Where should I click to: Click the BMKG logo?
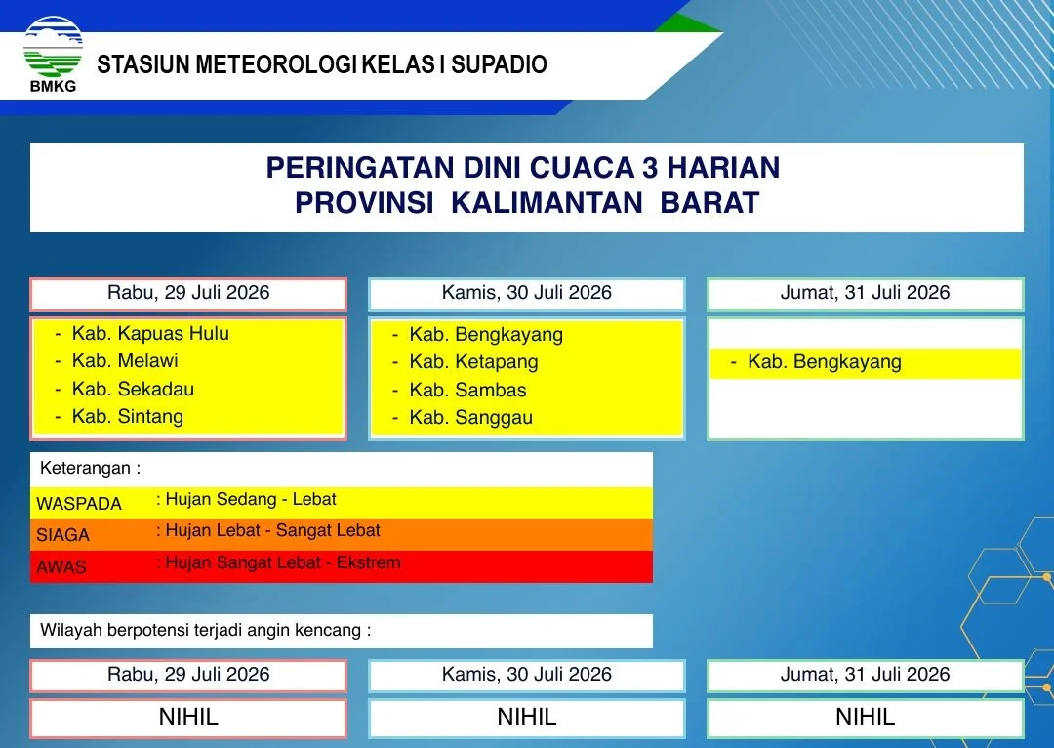coord(53,55)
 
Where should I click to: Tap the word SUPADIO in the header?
coord(499,64)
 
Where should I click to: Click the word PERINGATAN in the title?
coord(359,168)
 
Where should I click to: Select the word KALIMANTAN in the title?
coord(547,202)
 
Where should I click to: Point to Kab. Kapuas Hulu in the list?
coord(150,334)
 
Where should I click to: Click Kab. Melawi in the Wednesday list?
coord(125,361)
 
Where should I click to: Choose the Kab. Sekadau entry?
coord(133,390)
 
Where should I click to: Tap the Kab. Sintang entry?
coord(128,417)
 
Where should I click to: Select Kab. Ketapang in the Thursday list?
coord(474,362)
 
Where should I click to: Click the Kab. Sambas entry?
coord(467,391)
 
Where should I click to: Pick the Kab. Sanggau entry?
coord(471,418)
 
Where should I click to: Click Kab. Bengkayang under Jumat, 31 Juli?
coord(825,362)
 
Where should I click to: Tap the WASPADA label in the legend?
coord(79,504)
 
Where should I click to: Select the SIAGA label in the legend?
coord(62,535)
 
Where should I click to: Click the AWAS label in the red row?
coord(61,567)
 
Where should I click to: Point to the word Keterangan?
coord(85,468)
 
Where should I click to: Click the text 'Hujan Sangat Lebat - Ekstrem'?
coord(283,563)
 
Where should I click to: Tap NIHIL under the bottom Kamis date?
coord(527,717)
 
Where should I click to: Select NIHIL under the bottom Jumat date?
coord(865,717)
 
